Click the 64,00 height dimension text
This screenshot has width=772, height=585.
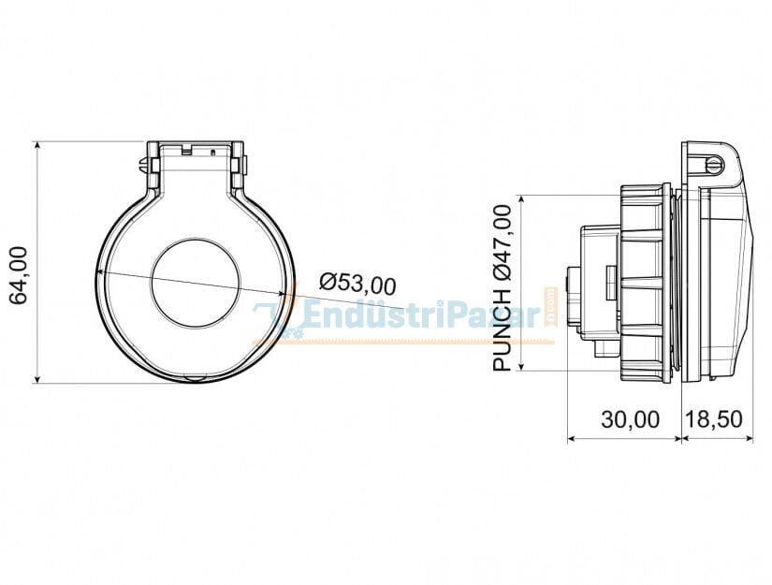pyautogui.click(x=18, y=275)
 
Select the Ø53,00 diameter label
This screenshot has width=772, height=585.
pyautogui.click(x=357, y=282)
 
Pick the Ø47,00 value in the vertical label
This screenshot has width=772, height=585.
pyautogui.click(x=503, y=242)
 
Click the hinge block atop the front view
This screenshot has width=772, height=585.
pyautogui.click(x=197, y=152)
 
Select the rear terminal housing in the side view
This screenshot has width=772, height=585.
pyautogui.click(x=598, y=281)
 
